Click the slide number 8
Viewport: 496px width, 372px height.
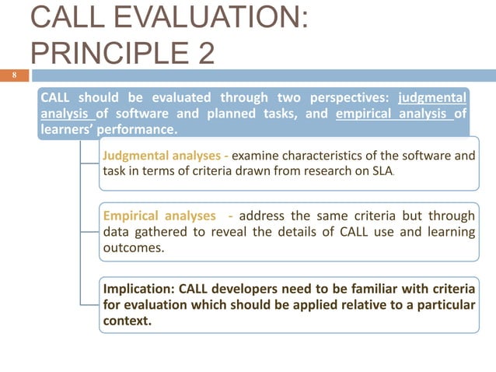12,76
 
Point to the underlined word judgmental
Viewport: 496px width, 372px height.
431,99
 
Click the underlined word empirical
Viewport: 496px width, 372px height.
366,114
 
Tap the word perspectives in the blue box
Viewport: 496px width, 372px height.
347,99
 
